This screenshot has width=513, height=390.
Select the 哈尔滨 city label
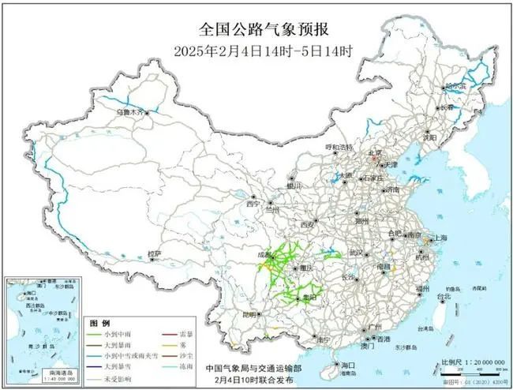[455, 84]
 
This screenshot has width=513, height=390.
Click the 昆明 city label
[249, 313]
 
